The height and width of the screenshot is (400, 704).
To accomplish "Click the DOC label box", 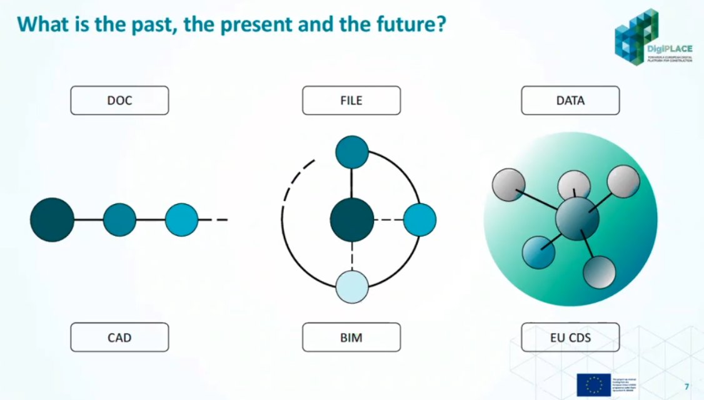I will [x=119, y=101].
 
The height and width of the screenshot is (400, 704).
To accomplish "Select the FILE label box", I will [x=351, y=101].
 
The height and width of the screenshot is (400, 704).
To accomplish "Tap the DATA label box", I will [x=570, y=101].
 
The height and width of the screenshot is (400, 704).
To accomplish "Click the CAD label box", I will [x=119, y=337].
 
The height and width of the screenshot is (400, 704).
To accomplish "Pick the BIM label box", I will [x=351, y=337].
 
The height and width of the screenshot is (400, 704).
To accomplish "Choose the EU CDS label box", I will [x=570, y=337].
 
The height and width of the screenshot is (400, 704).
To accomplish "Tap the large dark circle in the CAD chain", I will [x=52, y=220].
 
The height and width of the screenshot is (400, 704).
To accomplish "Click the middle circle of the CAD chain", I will [x=119, y=220].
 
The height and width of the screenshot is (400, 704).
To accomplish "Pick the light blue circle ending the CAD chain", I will [x=181, y=220].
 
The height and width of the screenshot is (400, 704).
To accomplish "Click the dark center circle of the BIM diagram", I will [x=352, y=220].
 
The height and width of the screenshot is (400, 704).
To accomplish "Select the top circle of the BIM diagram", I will [x=352, y=153].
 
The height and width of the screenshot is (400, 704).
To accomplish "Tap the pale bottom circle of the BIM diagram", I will [x=352, y=287].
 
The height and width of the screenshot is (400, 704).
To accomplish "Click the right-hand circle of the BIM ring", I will [x=420, y=220].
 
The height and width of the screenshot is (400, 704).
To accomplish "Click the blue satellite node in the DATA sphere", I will [x=538, y=252].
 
